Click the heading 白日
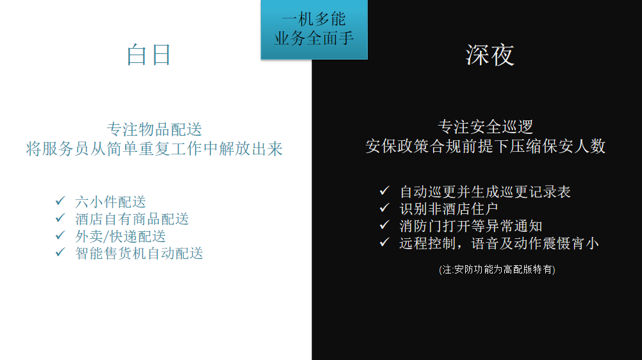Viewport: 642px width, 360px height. [x=149, y=55]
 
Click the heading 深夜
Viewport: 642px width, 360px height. [x=490, y=55]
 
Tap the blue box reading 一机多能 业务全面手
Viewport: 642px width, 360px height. [x=314, y=29]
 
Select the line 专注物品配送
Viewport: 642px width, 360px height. [x=154, y=129]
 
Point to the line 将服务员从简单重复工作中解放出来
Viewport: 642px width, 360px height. [x=154, y=149]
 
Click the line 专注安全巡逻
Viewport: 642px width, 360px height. [x=486, y=127]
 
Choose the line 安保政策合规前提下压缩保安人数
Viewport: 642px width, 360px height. [x=486, y=146]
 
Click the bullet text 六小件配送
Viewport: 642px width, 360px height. [x=111, y=202]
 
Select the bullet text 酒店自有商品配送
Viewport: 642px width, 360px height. [x=132, y=219]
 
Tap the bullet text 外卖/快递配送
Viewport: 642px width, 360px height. [x=120, y=236]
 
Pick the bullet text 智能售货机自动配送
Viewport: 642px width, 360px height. [x=139, y=254]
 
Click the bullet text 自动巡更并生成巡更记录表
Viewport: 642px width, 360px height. [x=485, y=192]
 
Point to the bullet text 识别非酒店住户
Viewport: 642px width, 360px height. [x=449, y=209]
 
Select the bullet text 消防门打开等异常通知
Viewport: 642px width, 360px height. [x=471, y=226]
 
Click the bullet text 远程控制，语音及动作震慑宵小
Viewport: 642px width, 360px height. [x=499, y=243]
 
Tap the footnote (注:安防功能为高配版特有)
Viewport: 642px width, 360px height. [x=497, y=270]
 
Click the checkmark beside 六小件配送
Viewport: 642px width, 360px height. [x=60, y=200]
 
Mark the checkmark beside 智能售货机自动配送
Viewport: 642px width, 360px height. [x=60, y=252]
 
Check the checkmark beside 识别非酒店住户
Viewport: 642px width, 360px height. [x=384, y=208]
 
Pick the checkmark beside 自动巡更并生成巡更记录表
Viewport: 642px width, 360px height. [x=384, y=190]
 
